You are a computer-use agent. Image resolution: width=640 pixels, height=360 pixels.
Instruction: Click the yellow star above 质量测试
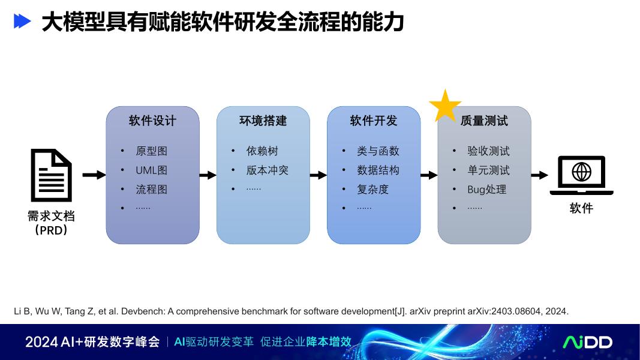pos(445,107)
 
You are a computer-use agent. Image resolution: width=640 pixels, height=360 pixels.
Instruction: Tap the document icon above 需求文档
pos(51,175)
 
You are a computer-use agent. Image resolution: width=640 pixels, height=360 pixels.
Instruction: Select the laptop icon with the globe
pos(581,175)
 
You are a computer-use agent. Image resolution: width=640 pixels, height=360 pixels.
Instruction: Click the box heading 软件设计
pos(152,121)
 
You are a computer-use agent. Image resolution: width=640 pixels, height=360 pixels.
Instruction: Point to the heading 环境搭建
pos(263,121)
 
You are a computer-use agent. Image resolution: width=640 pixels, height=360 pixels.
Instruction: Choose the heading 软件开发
pos(373,121)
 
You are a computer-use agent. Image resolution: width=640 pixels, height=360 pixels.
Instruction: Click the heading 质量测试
pos(484,121)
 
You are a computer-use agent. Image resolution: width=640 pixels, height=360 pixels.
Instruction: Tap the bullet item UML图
pos(151,170)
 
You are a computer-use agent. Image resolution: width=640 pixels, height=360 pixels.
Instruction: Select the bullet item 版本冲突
pos(267,170)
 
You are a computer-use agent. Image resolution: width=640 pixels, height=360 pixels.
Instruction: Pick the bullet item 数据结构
pos(378,170)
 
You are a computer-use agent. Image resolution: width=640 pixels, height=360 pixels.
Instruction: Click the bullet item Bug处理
pos(487,190)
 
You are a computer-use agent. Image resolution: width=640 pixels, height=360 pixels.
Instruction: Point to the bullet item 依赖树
pos(262,151)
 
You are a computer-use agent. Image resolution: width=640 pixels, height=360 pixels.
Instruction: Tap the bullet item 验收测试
pos(488,151)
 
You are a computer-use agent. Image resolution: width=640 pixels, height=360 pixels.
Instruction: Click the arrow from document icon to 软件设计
pos(94,175)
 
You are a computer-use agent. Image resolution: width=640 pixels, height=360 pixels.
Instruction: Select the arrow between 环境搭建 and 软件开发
pos(318,175)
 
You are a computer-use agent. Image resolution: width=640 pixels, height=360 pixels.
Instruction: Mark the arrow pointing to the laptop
pos(539,175)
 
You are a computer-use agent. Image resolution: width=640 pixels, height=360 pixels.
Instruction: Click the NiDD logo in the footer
pos(587,342)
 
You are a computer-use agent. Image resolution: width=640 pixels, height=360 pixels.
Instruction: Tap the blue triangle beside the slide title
pos(22,22)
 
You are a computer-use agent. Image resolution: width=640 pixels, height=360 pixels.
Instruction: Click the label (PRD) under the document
pos(51,230)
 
